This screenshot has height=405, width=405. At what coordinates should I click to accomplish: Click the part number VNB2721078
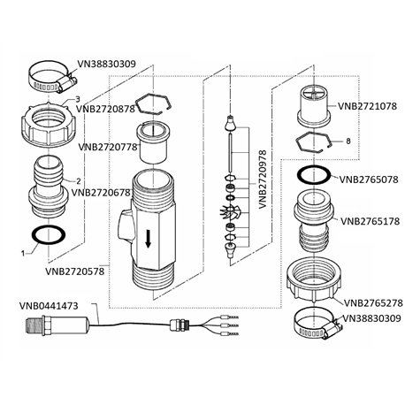[367, 106]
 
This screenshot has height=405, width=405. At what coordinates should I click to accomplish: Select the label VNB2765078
[369, 180]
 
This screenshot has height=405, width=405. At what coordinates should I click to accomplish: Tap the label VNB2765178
[370, 221]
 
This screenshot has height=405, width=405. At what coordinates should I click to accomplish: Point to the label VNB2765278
[373, 303]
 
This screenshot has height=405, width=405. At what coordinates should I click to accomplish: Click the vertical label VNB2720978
[263, 180]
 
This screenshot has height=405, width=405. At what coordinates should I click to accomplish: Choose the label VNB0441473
[49, 306]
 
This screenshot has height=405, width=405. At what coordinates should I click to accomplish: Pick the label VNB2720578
[75, 271]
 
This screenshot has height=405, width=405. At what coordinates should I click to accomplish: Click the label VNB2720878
[105, 109]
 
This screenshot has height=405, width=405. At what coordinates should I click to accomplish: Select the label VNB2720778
[108, 147]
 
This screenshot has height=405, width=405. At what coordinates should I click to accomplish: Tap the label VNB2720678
[101, 193]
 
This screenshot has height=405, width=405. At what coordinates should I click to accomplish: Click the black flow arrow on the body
[149, 239]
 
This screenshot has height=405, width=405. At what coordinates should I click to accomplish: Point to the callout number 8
[348, 141]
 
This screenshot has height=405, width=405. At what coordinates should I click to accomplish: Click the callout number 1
[23, 253]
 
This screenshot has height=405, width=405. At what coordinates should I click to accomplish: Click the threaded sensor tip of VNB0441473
[34, 326]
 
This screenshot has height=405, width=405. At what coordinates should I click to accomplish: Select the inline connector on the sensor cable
[179, 326]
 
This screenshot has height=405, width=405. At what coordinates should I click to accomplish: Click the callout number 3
[78, 99]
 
